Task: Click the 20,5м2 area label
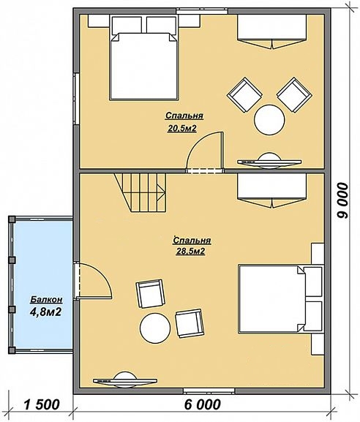tap(181, 129)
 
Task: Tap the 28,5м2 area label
tap(191, 252)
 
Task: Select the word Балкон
tap(47, 299)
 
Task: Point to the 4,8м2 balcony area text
tap(46, 312)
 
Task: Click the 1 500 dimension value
tap(41, 404)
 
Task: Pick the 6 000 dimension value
tap(203, 404)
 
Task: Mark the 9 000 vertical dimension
tap(342, 200)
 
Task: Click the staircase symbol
tap(140, 192)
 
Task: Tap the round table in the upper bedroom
tap(269, 119)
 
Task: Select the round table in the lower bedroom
tap(155, 328)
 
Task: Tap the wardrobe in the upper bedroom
tap(272, 31)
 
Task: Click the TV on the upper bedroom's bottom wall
tap(269, 161)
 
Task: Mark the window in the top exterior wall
tap(202, 11)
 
